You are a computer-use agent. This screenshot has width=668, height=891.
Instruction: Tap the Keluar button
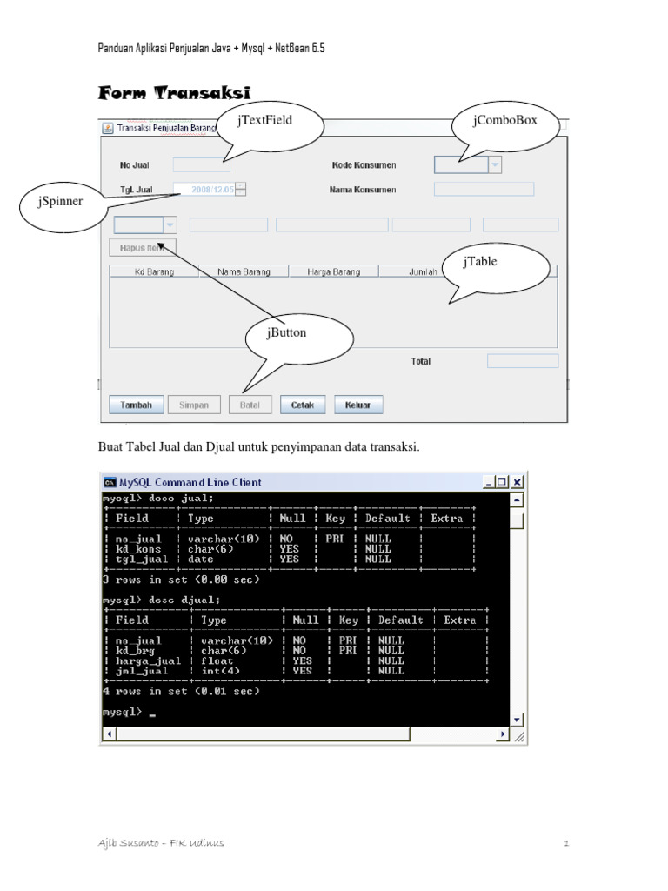(x=357, y=405)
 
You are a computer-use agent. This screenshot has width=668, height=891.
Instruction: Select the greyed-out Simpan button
(x=193, y=405)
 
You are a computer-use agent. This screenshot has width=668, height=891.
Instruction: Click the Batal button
(x=250, y=405)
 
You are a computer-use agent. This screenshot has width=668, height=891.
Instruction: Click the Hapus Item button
(x=144, y=247)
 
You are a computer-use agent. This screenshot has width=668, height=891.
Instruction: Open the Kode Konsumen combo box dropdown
(x=494, y=164)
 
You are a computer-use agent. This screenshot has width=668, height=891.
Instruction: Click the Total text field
(x=522, y=361)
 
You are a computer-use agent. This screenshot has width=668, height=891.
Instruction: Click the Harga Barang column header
(x=333, y=271)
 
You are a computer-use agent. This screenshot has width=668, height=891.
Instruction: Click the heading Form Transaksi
(x=174, y=92)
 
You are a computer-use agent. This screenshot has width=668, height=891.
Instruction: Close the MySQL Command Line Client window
(x=517, y=481)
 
